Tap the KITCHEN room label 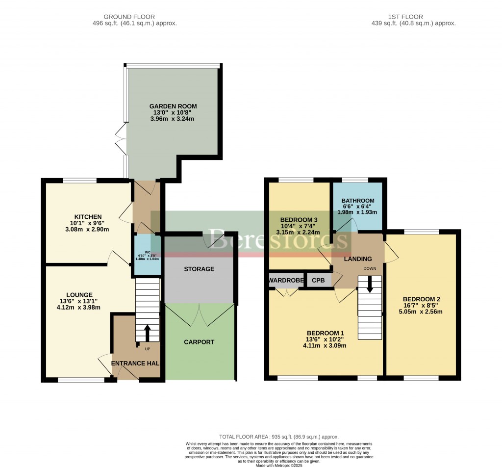click(x=88, y=217)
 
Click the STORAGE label click(x=199, y=269)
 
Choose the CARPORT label click(x=199, y=342)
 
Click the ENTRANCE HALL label click(x=136, y=363)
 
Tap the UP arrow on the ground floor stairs click(x=147, y=332)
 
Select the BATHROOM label click(x=358, y=201)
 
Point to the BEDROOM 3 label click(x=299, y=219)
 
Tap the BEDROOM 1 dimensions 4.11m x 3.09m click(x=325, y=345)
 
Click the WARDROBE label click(x=286, y=281)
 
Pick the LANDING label click(x=357, y=259)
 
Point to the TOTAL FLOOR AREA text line click(x=278, y=437)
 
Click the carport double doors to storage click(x=200, y=314)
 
